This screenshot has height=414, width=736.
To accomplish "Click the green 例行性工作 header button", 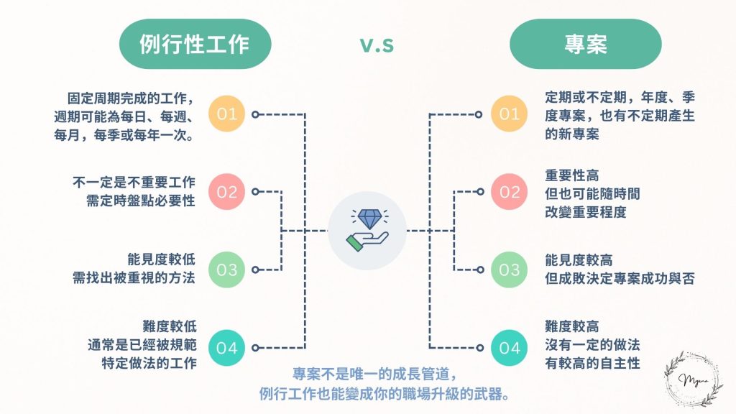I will (x=194, y=44).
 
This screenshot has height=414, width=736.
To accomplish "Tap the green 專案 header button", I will (x=585, y=44).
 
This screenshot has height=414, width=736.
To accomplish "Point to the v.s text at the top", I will (x=377, y=45).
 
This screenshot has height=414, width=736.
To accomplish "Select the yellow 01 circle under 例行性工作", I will (x=227, y=114).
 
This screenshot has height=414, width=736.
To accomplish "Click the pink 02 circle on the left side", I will (x=227, y=192).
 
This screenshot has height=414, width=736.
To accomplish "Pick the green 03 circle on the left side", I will (x=227, y=270).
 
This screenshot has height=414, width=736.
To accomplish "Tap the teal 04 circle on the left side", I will (x=227, y=349).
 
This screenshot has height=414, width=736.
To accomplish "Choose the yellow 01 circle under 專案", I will (x=509, y=114).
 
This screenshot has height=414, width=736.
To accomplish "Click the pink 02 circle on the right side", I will (x=509, y=192).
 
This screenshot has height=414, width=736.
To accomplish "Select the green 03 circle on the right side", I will (x=509, y=270).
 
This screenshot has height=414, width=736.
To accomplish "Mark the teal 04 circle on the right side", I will (x=509, y=349).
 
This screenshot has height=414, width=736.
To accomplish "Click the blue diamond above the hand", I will (x=367, y=218).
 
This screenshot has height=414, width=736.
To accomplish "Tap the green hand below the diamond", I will (x=367, y=241).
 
